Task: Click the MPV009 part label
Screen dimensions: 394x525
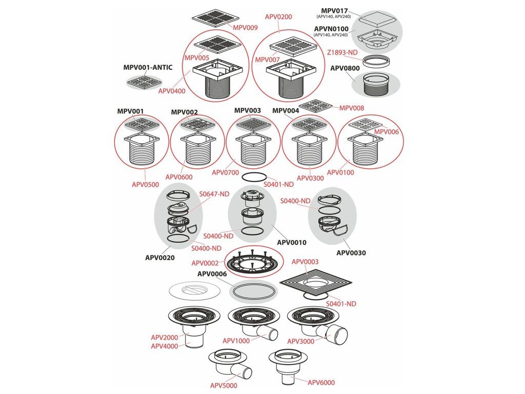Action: click(x=245, y=27)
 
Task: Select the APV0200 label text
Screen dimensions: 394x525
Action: click(x=279, y=16)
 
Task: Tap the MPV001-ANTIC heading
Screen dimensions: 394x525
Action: click(x=148, y=67)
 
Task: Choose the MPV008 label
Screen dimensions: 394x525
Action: click(x=352, y=108)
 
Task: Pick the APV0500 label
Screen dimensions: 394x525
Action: click(x=145, y=184)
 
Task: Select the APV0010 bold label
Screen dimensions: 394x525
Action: click(x=291, y=242)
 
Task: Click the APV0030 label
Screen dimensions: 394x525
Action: click(x=351, y=253)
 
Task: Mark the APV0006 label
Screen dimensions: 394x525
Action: click(x=212, y=273)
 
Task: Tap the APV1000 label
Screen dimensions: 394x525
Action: click(x=236, y=341)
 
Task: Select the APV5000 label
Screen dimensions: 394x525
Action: click(x=224, y=385)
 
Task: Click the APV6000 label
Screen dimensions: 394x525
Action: click(x=321, y=382)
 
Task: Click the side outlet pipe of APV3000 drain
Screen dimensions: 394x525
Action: click(x=335, y=333)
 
